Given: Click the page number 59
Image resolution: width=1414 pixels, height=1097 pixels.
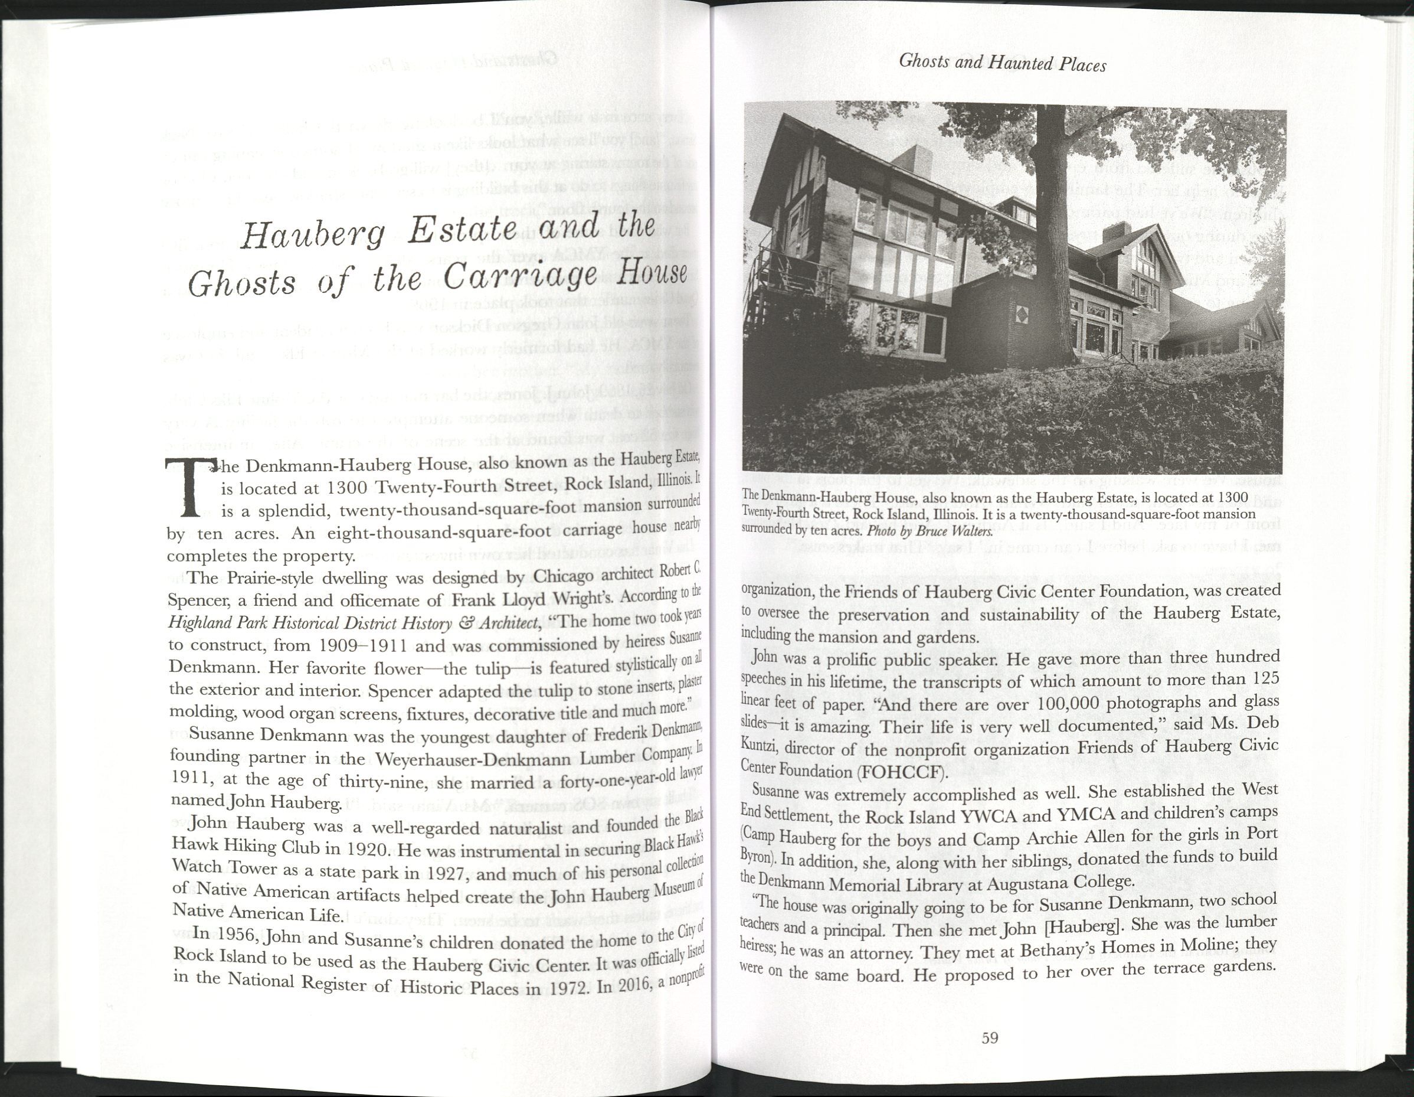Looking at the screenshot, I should tap(989, 1038).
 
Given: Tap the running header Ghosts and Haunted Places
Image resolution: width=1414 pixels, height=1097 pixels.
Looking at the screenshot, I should tap(1003, 63).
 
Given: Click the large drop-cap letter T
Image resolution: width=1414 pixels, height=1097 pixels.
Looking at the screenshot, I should tap(189, 488).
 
